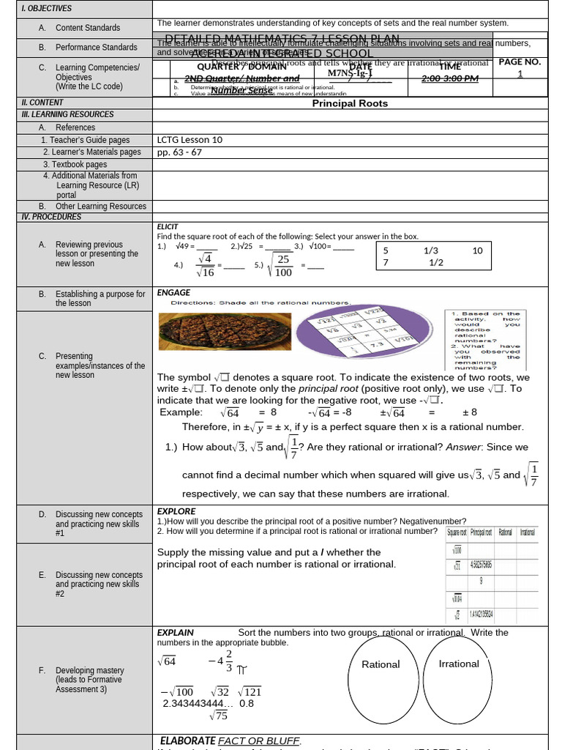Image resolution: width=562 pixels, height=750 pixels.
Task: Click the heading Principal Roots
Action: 350,103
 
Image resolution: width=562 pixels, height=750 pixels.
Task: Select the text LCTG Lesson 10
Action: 190,140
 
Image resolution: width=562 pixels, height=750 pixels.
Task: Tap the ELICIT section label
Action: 168,227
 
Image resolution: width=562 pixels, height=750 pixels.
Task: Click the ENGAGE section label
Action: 173,292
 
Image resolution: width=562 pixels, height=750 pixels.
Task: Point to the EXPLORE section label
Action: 176,511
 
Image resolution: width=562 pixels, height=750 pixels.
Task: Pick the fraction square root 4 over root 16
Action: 206,266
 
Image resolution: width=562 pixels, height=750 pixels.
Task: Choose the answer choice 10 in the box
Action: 477,250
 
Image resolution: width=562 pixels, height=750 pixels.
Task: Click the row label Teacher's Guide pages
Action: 85,140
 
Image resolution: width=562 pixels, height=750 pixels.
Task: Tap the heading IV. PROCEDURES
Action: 51,217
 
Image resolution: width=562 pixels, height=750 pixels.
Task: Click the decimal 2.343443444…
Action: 198,704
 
